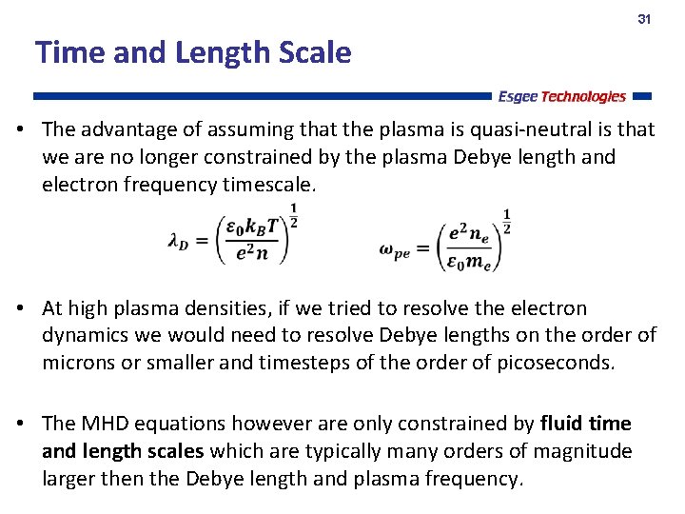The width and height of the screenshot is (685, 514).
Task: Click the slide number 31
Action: [x=644, y=20]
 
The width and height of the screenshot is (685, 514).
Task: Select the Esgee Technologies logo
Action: [x=561, y=96]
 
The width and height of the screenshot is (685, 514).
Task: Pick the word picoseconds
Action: [x=556, y=364]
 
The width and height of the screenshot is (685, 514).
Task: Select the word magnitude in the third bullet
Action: [x=583, y=451]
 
